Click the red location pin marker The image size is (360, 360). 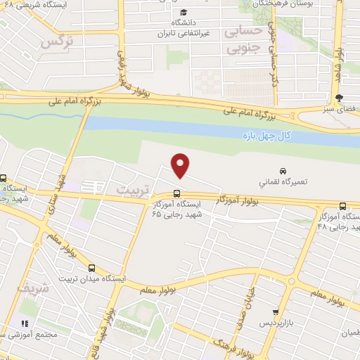[181, 165]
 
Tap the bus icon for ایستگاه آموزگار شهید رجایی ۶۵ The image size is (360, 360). [176, 194]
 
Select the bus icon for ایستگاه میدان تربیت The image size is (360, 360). [92, 267]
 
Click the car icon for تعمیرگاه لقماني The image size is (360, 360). [283, 171]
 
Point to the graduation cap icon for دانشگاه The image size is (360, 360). [184, 13]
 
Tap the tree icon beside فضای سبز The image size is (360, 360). [340, 98]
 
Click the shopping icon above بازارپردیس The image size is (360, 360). [276, 311]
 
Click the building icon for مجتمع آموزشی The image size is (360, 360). [25, 324]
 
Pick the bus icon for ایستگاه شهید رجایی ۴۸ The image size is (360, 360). [342, 206]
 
